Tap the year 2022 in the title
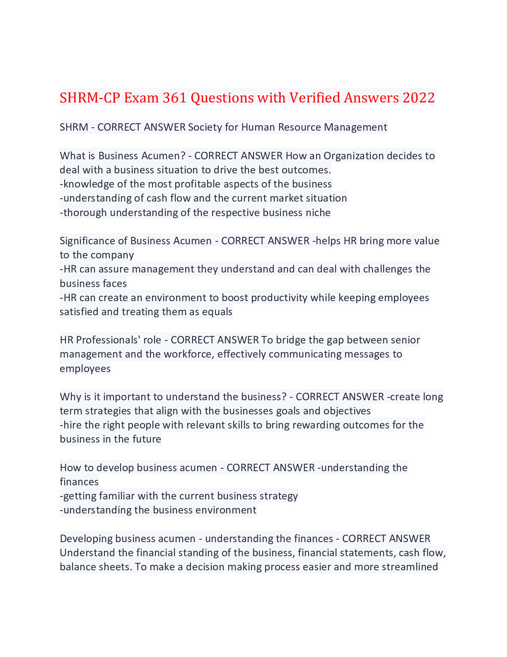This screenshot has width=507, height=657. (418, 98)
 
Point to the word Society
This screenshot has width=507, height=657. (205, 127)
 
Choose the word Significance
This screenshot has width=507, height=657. (93, 241)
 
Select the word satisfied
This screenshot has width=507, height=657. (79, 312)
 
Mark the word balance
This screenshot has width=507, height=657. (77, 567)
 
